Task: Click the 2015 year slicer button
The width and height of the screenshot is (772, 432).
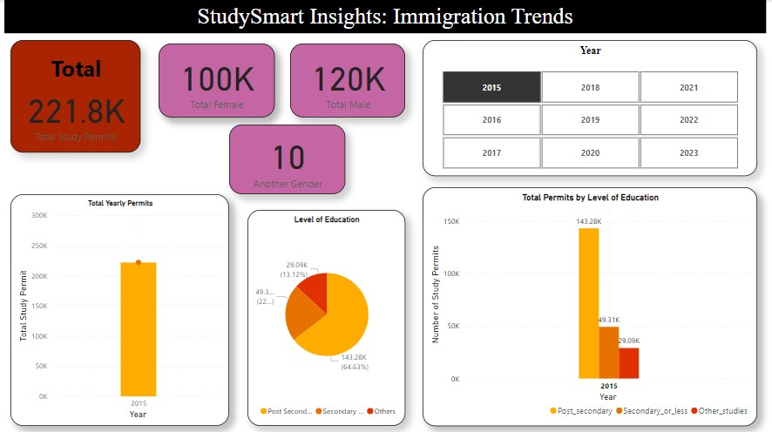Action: coord(491,87)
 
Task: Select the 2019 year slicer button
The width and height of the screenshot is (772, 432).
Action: coord(590,120)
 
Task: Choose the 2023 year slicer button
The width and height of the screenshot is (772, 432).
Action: coord(688,152)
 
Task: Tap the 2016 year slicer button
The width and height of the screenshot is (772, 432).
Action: coord(491,120)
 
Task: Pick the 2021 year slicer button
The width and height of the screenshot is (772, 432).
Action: coord(688,87)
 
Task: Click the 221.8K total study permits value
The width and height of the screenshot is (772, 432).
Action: coord(76,111)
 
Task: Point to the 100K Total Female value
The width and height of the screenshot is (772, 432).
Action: coord(217,80)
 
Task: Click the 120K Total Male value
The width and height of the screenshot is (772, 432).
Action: coord(348,80)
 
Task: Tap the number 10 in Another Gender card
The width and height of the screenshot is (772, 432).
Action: coord(288,159)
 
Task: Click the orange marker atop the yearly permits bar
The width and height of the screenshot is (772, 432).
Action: coord(138,261)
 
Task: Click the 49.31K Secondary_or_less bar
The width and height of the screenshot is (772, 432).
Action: coord(608,353)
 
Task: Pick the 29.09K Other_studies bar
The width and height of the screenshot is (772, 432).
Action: coord(629,363)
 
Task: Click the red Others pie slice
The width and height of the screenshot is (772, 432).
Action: coord(315,292)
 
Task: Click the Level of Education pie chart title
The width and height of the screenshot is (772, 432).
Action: coord(326,219)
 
